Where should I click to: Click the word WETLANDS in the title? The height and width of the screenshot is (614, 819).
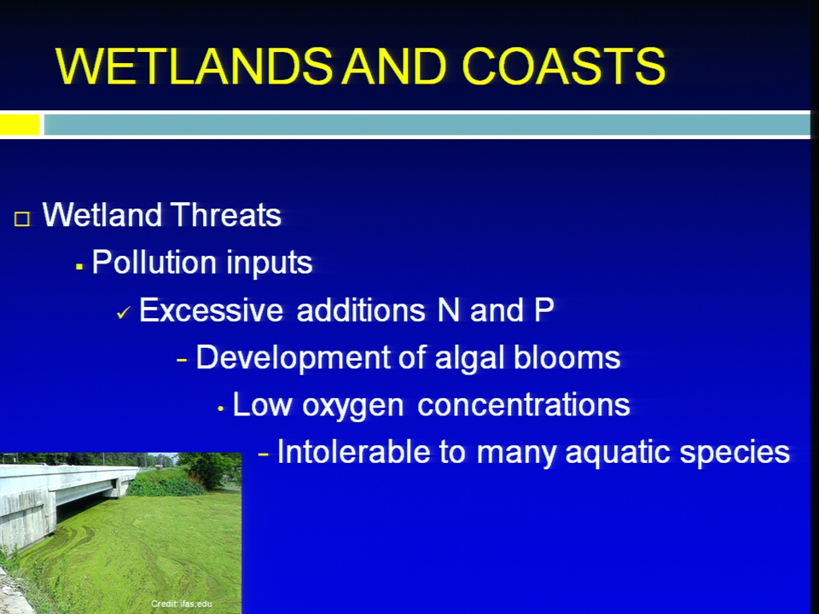pos(194,66)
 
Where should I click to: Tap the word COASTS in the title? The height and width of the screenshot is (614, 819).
pos(564,66)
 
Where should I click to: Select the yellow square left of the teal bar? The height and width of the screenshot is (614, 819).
pos(20,125)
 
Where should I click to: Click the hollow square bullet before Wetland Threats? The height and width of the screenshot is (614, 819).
pos(22,219)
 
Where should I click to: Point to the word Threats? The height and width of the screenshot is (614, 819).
pos(225,215)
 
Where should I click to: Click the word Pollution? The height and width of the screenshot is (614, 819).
pos(152,262)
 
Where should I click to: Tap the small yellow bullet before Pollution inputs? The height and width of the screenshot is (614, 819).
pos(79,267)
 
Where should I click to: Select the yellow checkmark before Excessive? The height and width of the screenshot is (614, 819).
pos(123,313)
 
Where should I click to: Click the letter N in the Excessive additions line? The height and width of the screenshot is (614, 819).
pos(449,310)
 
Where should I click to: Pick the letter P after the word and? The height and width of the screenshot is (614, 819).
pos(543,310)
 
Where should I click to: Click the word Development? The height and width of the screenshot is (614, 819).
pos(293,359)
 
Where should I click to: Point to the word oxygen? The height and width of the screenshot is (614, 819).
pos(353,406)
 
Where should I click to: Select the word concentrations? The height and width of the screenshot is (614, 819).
pos(524,404)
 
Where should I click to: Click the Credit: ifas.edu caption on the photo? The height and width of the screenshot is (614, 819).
pos(182,604)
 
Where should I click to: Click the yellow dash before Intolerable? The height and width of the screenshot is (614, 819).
pos(264,455)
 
